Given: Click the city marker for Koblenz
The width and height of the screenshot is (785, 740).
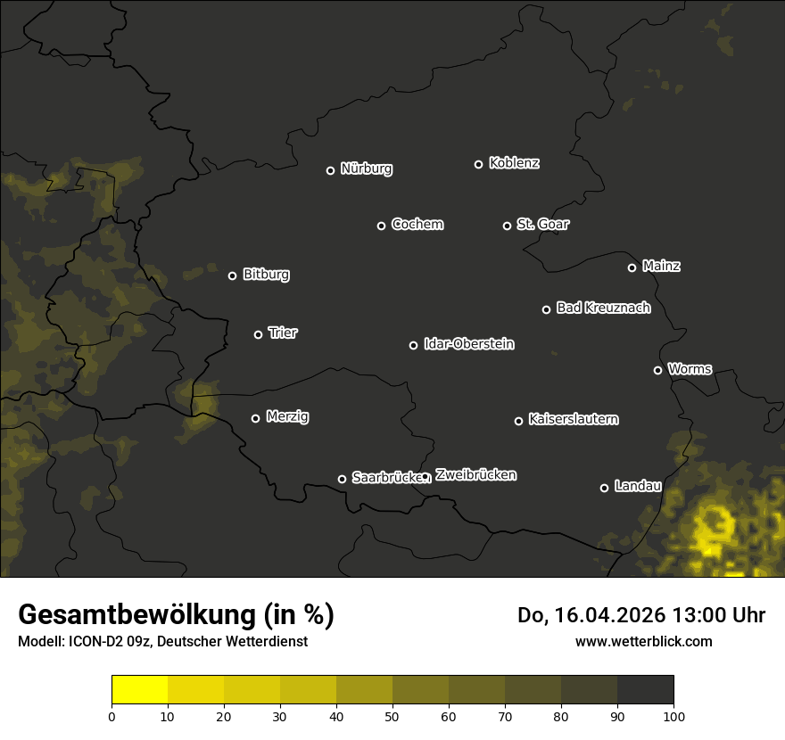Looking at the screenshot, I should tap(478, 164).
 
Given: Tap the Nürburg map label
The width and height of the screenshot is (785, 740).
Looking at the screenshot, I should tap(366, 169).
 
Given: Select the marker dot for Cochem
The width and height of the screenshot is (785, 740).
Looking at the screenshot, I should tap(381, 226).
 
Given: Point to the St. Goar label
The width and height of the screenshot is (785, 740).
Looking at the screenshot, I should tap(542, 224).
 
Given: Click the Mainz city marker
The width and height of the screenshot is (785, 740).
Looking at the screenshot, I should tap(632, 267).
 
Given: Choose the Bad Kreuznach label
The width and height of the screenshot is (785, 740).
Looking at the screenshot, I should tap(603, 308).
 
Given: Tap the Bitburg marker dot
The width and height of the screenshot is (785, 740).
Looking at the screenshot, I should tap(232, 275).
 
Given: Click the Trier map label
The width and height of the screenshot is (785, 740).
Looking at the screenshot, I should tap(283, 333).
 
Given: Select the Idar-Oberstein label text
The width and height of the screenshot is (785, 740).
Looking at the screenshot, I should tap(468, 343).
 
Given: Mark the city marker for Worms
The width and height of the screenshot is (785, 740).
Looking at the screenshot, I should tap(657, 370).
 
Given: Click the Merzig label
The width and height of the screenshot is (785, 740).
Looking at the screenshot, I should tap(287, 416).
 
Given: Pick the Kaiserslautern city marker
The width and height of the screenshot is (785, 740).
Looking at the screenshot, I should tap(518, 421).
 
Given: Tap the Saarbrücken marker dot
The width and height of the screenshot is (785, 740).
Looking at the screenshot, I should tap(342, 479).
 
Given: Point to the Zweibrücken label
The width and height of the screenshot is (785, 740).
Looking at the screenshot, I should tap(475, 475).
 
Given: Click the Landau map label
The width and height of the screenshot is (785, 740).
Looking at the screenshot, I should tap(638, 486).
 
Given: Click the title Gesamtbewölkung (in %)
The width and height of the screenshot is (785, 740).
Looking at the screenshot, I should tap(176, 615).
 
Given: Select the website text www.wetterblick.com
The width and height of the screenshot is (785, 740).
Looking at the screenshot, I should tap(643, 641).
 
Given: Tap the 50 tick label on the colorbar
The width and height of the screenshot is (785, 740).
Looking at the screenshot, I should tap(392, 715).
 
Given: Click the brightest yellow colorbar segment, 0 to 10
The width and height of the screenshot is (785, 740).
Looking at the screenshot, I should tap(139, 690).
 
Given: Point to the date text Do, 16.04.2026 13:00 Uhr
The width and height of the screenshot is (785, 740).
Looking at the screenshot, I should tap(640, 615).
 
